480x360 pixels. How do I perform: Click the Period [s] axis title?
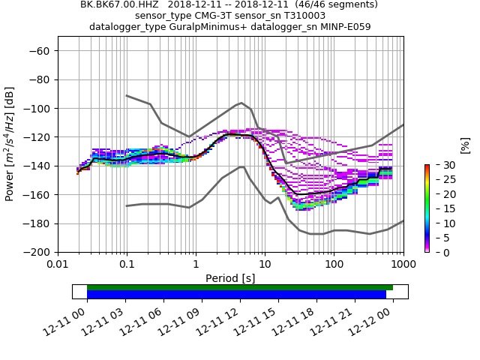coord(230,278)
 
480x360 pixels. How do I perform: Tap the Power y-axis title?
coord(10,144)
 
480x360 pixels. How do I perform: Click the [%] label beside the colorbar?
coord(465,145)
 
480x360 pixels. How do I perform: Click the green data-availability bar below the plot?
coord(240,287)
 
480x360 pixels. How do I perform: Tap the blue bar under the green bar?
coord(236,295)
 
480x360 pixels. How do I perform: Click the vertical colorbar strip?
coord(427,208)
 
